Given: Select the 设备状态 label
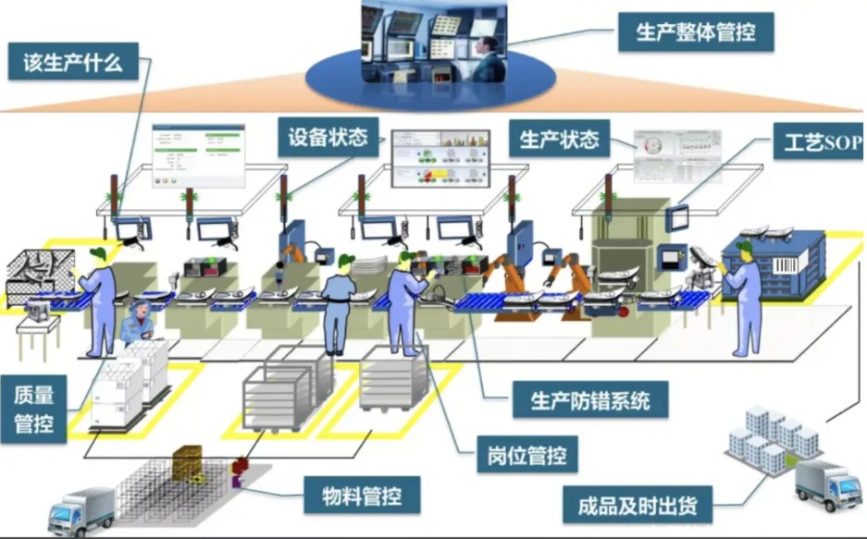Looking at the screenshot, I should [x=328, y=139].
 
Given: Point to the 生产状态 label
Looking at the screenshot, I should [x=559, y=140].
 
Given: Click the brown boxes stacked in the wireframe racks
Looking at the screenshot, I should [x=188, y=459].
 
